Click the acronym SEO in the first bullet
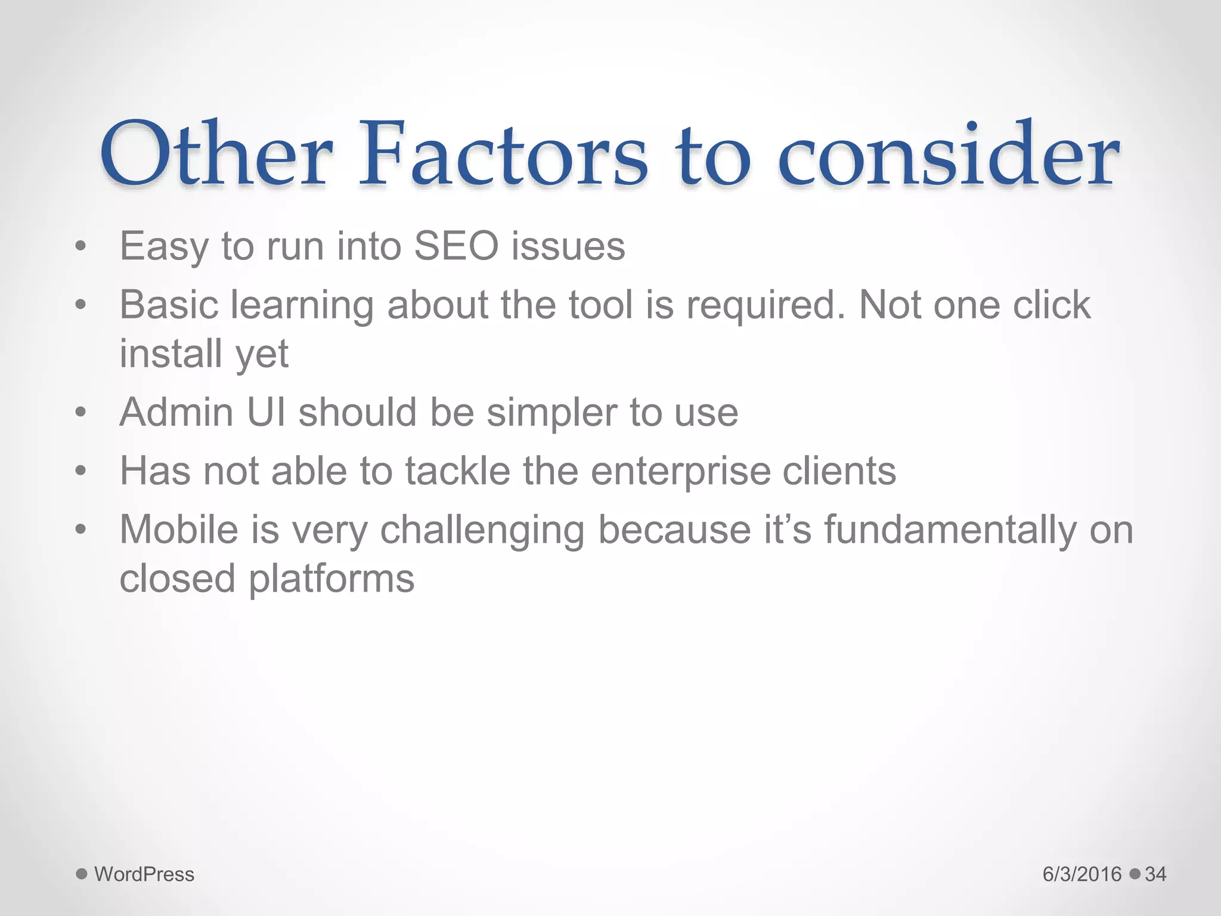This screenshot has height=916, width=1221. click(456, 246)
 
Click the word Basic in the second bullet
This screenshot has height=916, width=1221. click(169, 305)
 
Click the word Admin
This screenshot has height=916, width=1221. click(176, 412)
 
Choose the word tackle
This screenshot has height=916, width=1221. click(458, 471)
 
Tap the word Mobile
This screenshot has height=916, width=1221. click(179, 529)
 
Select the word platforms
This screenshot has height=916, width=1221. click(331, 579)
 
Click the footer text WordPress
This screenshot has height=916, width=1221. click(144, 874)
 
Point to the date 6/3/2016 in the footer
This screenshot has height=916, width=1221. click(1082, 874)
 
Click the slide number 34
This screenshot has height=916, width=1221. click(1155, 874)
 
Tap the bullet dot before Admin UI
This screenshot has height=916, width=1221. click(81, 412)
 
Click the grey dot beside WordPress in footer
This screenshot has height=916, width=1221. click(82, 874)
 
